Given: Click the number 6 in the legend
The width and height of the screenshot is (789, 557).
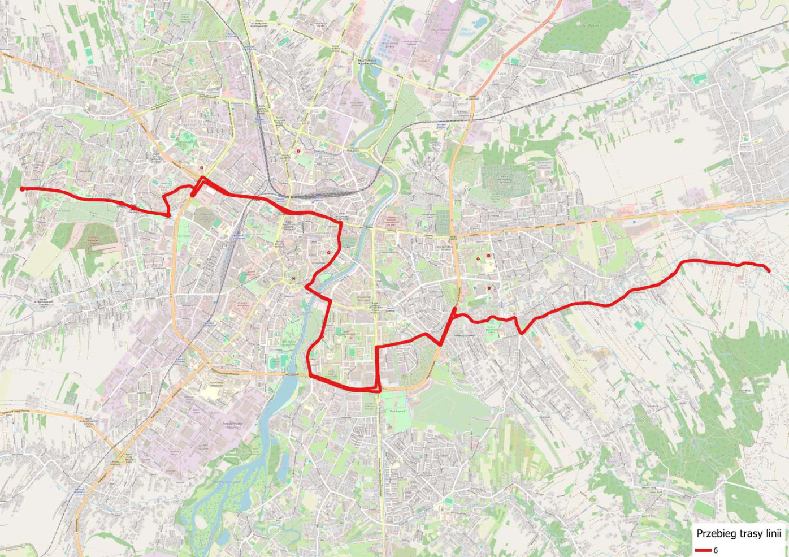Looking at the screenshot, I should [716, 550].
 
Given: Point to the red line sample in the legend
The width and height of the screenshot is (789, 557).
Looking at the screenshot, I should [703, 550].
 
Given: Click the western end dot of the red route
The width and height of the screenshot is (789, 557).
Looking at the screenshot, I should [22, 189].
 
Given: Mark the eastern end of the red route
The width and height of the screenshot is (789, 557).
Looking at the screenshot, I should [769, 271].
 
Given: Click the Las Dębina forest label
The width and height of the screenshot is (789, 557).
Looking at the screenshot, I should [591, 25].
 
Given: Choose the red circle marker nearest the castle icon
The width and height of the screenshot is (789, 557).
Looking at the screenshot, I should [328, 253].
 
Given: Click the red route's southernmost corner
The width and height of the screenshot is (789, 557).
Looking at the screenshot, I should [378, 390].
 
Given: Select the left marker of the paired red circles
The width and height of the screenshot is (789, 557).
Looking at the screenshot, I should [478, 258].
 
